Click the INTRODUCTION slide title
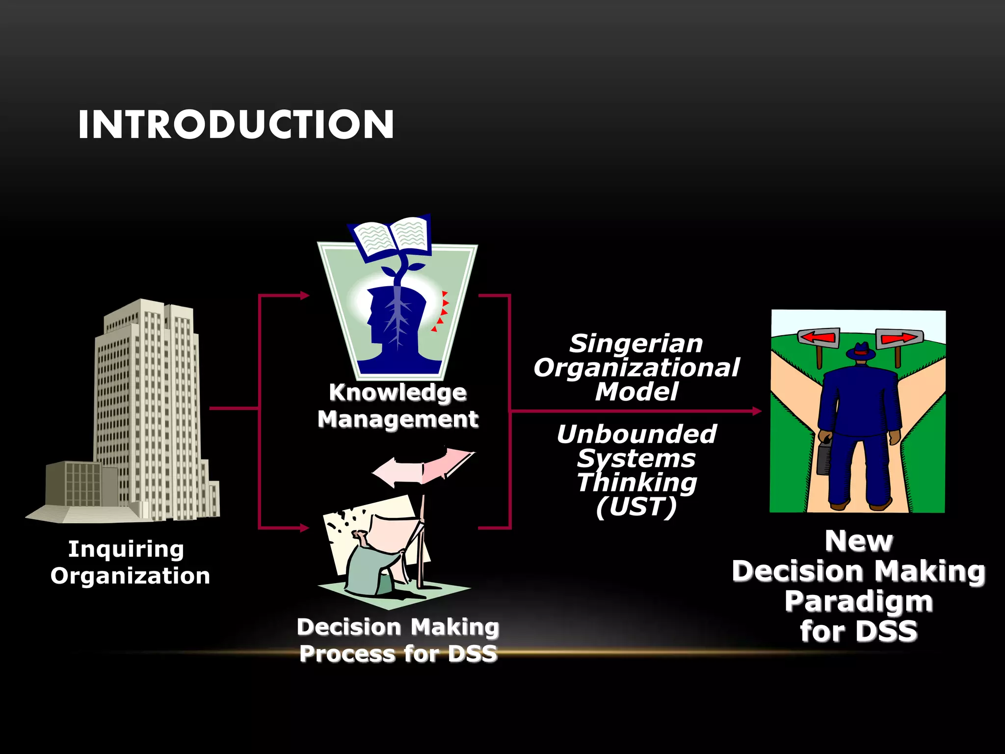[x=236, y=125]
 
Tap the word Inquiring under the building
[x=126, y=549]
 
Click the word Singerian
[x=636, y=344]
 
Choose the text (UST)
[x=636, y=507]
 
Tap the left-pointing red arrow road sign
[x=818, y=338]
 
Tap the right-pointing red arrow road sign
[x=899, y=338]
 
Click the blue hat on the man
[x=860, y=351]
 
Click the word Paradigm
[x=858, y=601]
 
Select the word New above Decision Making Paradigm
[x=858, y=541]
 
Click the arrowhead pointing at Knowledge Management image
[x=304, y=295]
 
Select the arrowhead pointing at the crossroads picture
[x=757, y=411]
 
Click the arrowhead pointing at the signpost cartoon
[x=304, y=528]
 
